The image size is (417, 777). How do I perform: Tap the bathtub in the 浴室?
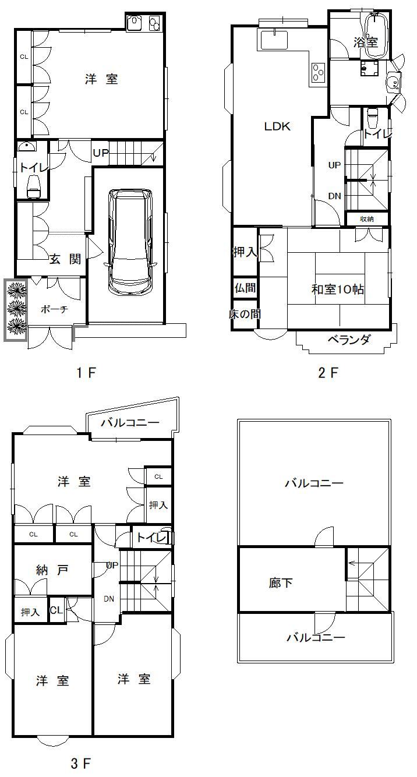click(x=376, y=36)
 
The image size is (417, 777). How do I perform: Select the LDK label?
click(x=277, y=126)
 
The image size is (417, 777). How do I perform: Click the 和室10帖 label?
click(x=338, y=289)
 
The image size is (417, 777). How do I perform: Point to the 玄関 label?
click(x=64, y=260)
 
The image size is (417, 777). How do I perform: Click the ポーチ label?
click(x=54, y=310)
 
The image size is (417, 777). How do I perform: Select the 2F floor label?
click(x=328, y=373)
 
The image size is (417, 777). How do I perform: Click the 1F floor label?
click(x=86, y=373)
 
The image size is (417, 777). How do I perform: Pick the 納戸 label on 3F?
click(x=52, y=570)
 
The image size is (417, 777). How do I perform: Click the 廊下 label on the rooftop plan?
click(x=281, y=582)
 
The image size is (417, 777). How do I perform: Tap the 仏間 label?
click(x=245, y=288)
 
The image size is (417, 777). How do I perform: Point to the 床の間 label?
click(x=245, y=315)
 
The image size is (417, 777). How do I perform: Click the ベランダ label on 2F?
click(x=348, y=340)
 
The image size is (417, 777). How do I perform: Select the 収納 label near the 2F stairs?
click(x=366, y=219)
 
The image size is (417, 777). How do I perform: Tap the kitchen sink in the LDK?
click(x=273, y=41)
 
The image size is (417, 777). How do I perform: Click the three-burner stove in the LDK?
click(x=318, y=73)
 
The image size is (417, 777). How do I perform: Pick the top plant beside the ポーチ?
click(x=16, y=289)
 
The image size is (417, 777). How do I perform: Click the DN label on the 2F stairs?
click(x=334, y=196)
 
